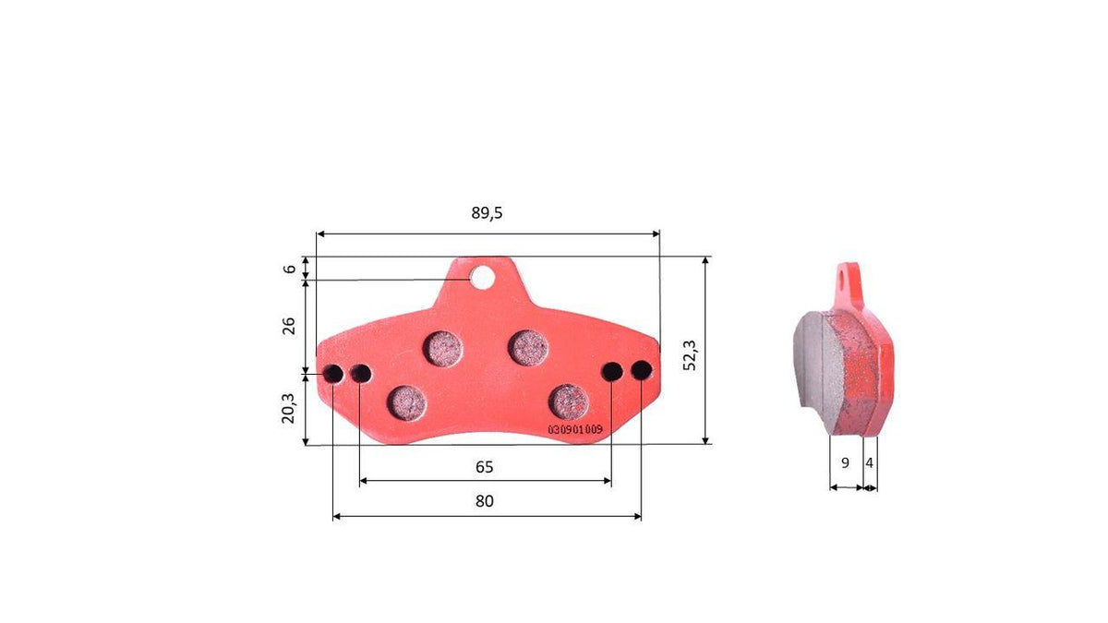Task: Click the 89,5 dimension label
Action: (487, 213)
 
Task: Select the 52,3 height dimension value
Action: (690, 355)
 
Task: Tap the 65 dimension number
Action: (484, 467)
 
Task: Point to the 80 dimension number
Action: (484, 501)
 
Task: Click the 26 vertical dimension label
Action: (288, 326)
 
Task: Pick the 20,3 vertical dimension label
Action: (288, 408)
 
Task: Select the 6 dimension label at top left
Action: (289, 269)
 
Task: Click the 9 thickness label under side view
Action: (845, 462)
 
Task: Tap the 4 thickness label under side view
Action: (869, 462)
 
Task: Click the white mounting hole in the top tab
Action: (482, 278)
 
